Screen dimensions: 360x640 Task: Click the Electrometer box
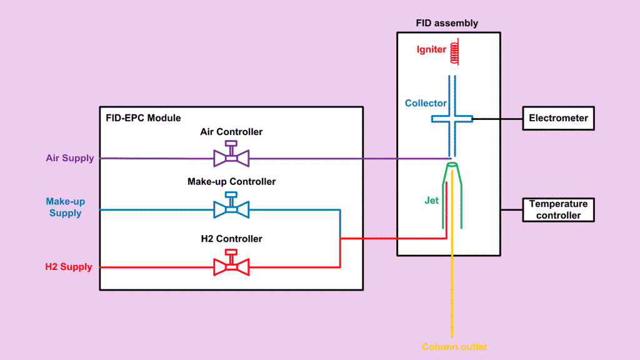(x=558, y=118)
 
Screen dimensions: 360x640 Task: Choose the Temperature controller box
(x=558, y=209)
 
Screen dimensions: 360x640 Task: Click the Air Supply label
(x=70, y=158)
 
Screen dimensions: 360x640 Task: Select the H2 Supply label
(x=69, y=267)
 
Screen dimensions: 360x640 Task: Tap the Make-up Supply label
(x=66, y=207)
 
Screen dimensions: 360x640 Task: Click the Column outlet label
(x=454, y=346)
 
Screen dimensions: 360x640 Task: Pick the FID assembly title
(x=447, y=23)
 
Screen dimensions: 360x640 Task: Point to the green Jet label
(x=431, y=201)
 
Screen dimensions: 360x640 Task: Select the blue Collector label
(x=426, y=103)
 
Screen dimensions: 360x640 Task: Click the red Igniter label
(x=431, y=50)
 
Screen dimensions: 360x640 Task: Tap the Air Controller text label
(x=231, y=132)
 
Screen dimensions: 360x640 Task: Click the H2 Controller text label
(x=231, y=239)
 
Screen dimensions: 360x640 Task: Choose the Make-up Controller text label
(x=231, y=182)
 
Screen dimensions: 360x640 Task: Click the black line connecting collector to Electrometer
(x=497, y=118)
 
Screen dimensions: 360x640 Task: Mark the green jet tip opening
(x=452, y=166)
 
